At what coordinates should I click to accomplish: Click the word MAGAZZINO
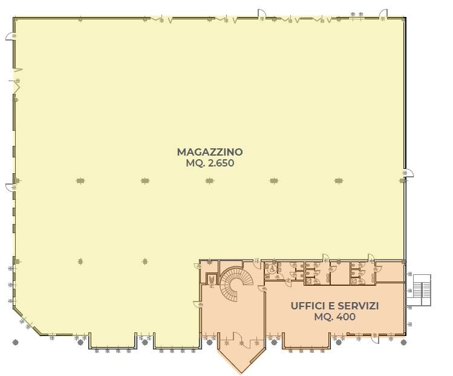[210, 152]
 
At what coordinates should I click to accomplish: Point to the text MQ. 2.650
[210, 163]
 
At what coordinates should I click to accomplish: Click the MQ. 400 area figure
[334, 317]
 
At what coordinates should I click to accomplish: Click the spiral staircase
[236, 283]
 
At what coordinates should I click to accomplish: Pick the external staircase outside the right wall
[422, 290]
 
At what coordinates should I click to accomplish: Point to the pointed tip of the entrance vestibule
[241, 372]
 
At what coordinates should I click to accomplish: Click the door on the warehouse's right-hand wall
[409, 173]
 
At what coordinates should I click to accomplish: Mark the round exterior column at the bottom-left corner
[16, 343]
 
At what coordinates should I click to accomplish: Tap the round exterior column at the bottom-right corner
[404, 343]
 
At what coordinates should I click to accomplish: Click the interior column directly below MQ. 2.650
[210, 181]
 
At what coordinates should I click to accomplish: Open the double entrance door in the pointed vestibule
[241, 340]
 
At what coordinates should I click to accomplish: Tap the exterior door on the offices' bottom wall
[375, 339]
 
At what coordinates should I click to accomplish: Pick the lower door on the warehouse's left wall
[10, 187]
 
